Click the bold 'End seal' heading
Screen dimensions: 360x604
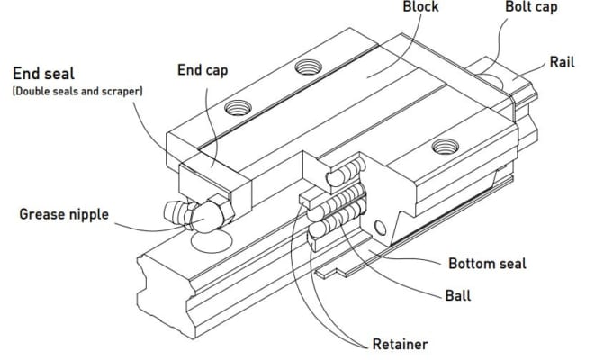tap(44, 75)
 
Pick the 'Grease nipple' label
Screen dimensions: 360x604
tap(64, 214)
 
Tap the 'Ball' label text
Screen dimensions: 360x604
tap(458, 294)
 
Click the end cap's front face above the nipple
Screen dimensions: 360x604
tap(207, 180)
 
